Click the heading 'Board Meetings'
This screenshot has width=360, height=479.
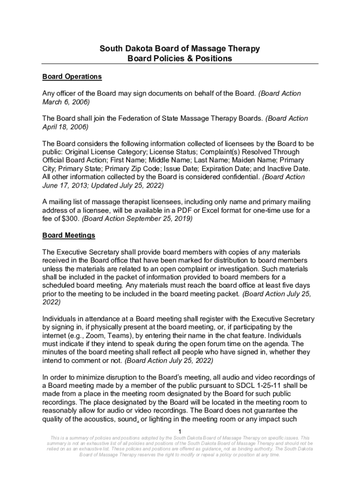[69, 235]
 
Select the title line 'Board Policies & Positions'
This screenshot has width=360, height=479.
[180, 58]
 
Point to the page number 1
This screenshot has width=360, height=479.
[180, 431]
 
